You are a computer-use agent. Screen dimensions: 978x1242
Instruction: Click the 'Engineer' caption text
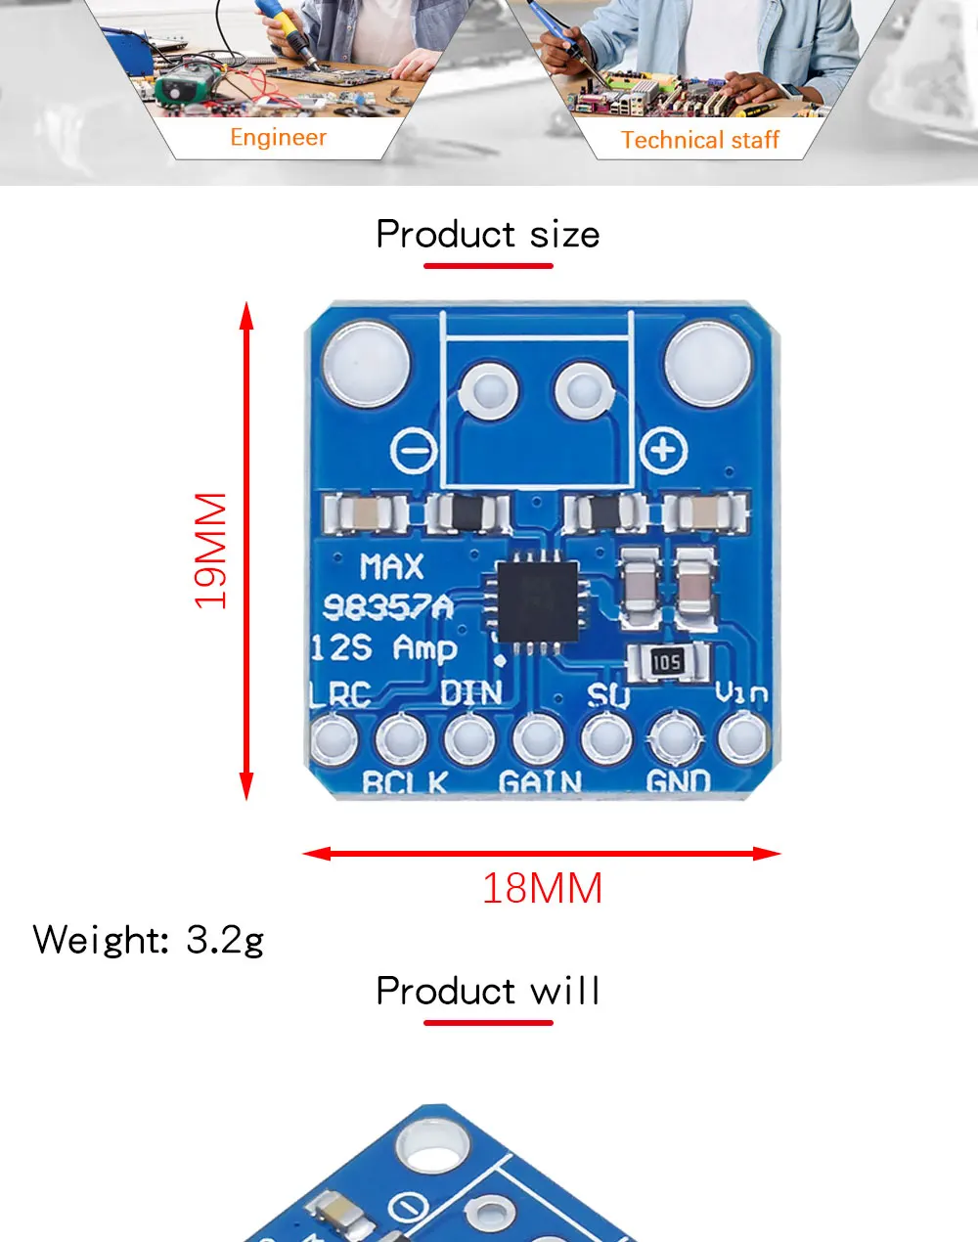pyautogui.click(x=278, y=138)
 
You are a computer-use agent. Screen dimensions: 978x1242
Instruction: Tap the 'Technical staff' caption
pyautogui.click(x=699, y=141)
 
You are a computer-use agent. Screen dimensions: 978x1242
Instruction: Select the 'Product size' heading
pyautogui.click(x=487, y=235)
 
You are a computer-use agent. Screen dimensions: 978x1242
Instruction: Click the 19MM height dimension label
pyautogui.click(x=211, y=551)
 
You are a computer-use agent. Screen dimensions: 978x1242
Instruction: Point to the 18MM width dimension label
pyautogui.click(x=542, y=889)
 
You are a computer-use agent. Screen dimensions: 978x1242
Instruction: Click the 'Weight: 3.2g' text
pyautogui.click(x=149, y=940)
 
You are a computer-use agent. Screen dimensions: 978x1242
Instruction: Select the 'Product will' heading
pyautogui.click(x=487, y=992)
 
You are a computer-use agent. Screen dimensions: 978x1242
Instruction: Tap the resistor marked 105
pyautogui.click(x=666, y=663)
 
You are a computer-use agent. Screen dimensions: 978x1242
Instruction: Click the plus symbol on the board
pyautogui.click(x=663, y=451)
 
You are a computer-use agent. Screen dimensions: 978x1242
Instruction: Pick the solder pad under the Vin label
pyautogui.click(x=742, y=737)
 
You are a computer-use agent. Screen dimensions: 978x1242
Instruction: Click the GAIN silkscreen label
pyautogui.click(x=540, y=782)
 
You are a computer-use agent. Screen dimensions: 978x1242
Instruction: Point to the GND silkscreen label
pyautogui.click(x=678, y=781)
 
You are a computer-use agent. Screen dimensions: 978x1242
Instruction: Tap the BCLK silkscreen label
pyautogui.click(x=404, y=782)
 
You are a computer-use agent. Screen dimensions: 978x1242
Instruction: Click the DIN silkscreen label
pyautogui.click(x=470, y=692)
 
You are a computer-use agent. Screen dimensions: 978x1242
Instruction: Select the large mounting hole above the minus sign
pyautogui.click(x=365, y=365)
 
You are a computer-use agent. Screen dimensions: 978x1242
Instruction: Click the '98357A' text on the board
pyautogui.click(x=388, y=608)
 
